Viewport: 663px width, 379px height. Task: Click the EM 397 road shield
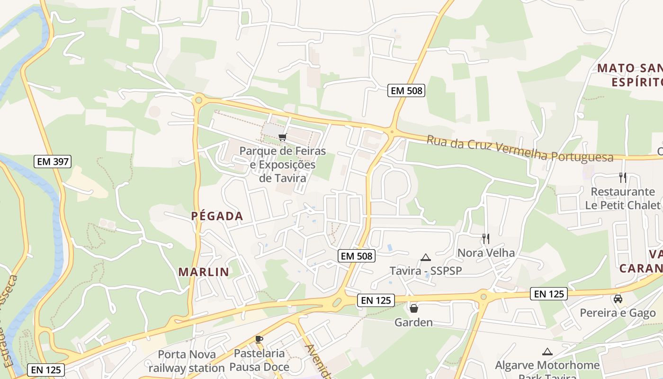pyautogui.click(x=53, y=162)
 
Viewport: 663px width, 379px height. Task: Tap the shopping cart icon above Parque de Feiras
pyautogui.click(x=283, y=137)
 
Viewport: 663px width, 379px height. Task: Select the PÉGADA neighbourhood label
pyautogui.click(x=217, y=216)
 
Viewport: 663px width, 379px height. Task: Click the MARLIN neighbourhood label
pyautogui.click(x=204, y=272)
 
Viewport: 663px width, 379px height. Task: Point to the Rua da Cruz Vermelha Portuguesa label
pyautogui.click(x=520, y=149)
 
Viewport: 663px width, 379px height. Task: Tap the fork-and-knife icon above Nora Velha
pyautogui.click(x=486, y=238)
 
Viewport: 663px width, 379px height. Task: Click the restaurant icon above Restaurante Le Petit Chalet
pyautogui.click(x=623, y=178)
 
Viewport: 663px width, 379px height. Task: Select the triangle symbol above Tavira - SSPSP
pyautogui.click(x=425, y=257)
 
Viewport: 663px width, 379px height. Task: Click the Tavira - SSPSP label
pyautogui.click(x=425, y=271)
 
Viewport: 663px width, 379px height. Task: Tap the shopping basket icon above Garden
pyautogui.click(x=414, y=308)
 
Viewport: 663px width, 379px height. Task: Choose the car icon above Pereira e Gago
pyautogui.click(x=618, y=299)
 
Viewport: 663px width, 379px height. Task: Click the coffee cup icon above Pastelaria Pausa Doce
pyautogui.click(x=259, y=339)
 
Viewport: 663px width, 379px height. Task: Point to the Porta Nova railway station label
pyautogui.click(x=187, y=361)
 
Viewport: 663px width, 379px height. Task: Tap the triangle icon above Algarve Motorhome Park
pyautogui.click(x=547, y=352)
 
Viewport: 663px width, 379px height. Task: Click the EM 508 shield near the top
pyautogui.click(x=406, y=90)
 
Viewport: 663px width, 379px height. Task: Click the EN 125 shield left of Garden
pyautogui.click(x=376, y=300)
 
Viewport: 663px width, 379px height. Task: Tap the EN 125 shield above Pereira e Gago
pyautogui.click(x=548, y=294)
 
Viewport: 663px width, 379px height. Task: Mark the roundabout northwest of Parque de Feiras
pyautogui.click(x=198, y=99)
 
